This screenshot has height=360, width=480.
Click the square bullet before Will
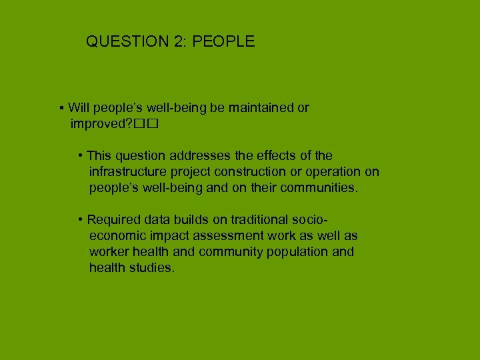(x=61, y=108)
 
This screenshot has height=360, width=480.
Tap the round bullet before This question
(x=80, y=156)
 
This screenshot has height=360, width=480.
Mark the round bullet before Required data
(x=80, y=220)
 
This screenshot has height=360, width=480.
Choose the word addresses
(x=197, y=156)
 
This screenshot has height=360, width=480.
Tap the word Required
(x=114, y=219)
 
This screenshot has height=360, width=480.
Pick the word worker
(x=109, y=252)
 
